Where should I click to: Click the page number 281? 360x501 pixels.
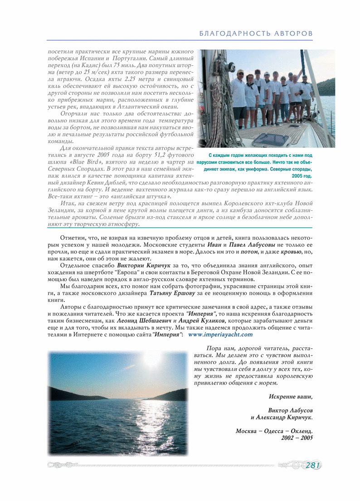[x=313, y=465]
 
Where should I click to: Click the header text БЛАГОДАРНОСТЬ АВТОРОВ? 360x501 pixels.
[x=256, y=34]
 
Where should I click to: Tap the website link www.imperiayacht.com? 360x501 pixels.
[x=220, y=335]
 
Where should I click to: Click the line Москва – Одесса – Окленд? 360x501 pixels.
[x=274, y=431]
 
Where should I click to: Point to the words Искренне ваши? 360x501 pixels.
[x=290, y=396]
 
